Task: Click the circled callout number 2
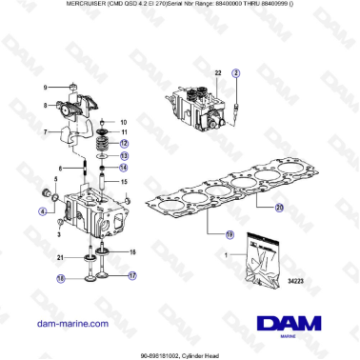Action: coord(237,72)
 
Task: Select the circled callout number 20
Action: coord(279,206)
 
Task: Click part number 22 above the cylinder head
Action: coord(217,72)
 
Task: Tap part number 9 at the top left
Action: coord(44,87)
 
